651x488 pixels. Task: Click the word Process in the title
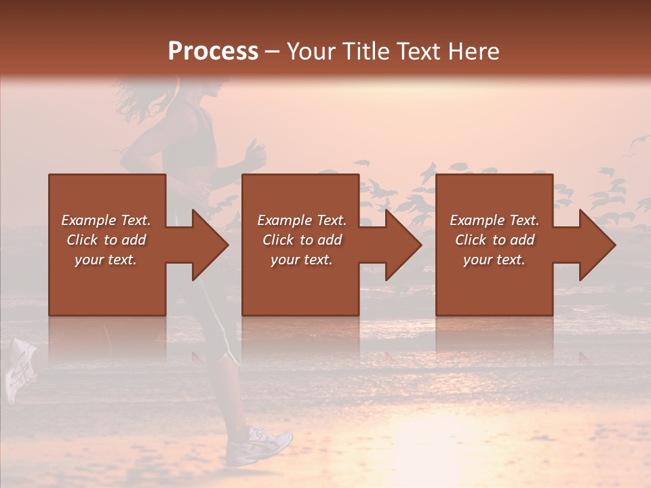coord(213,52)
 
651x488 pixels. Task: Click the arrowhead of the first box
coord(209,245)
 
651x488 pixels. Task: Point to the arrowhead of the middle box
coord(403,245)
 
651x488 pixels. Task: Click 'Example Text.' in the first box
coord(106,220)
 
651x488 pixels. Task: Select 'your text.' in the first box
coord(106,260)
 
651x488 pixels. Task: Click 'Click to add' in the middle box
coord(302,240)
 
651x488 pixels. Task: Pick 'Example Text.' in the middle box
coord(302,220)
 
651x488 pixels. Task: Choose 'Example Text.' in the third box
coord(494,220)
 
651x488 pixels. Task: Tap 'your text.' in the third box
coord(494,260)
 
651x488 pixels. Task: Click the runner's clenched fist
coord(254,156)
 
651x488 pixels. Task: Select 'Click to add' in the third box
coord(494,240)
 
